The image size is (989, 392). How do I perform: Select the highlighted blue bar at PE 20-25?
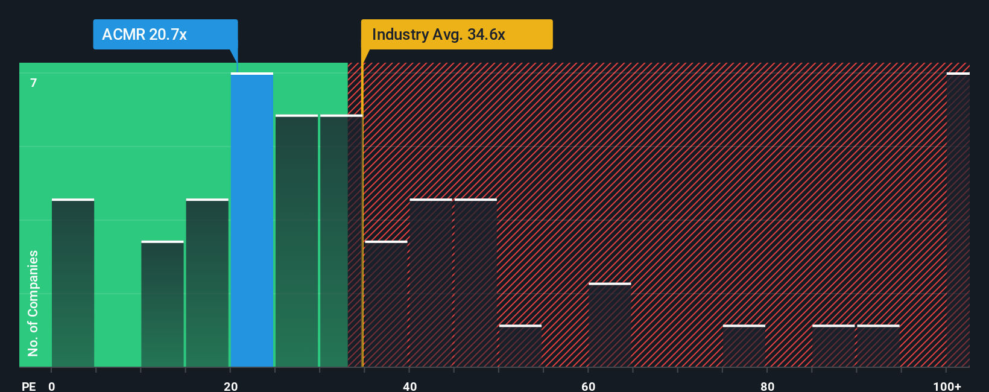[252, 220]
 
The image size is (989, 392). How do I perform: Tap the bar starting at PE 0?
[73, 283]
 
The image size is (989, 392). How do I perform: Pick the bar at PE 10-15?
[162, 304]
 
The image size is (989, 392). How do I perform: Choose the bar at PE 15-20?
[207, 283]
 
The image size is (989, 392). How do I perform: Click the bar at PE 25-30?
[297, 241]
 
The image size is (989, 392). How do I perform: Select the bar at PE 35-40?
[386, 304]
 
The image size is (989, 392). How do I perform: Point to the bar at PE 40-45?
[431, 283]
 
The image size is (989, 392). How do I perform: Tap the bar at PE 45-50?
[476, 283]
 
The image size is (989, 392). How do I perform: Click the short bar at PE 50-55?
[520, 346]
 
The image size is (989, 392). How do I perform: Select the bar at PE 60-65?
[610, 325]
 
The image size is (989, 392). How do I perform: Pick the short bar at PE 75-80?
[744, 346]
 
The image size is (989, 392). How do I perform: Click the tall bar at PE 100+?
[958, 220]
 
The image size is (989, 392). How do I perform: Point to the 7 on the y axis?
[34, 83]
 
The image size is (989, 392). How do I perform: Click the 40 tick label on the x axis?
[409, 386]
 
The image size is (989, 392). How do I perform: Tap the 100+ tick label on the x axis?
[947, 386]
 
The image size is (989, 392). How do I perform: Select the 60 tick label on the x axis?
[588, 386]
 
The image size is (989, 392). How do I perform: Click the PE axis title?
[28, 386]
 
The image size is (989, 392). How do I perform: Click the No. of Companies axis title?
[33, 303]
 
